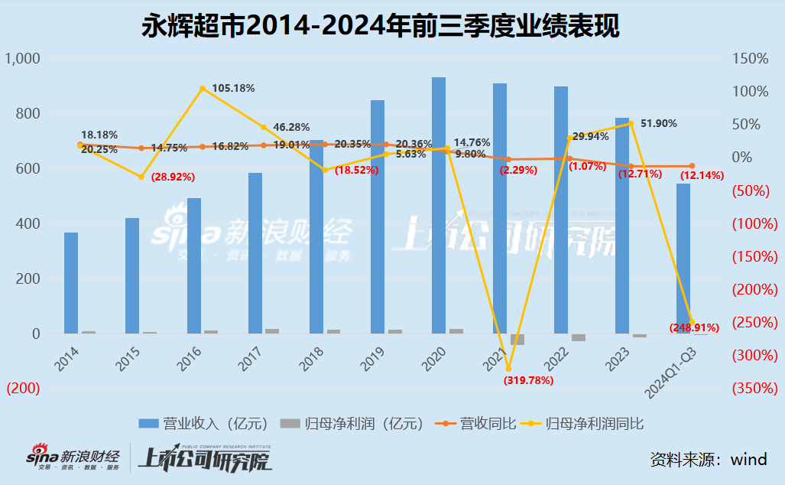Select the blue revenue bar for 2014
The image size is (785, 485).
[71, 283]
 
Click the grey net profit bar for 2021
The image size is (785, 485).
[517, 340]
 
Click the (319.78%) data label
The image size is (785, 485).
[528, 379]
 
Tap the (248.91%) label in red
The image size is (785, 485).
[695, 327]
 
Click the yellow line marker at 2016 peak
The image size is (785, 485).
[203, 89]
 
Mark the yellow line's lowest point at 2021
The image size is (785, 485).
[508, 369]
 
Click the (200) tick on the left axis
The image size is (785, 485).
[24, 389]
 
